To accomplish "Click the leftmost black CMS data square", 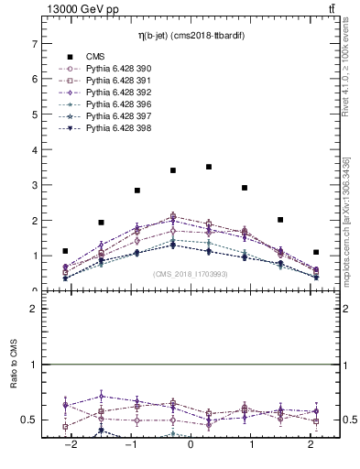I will (x=65, y=251).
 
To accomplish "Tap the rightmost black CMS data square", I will (x=316, y=252).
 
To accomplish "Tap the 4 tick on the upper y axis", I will (x=34, y=149).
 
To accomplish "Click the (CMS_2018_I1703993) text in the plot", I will (x=191, y=274).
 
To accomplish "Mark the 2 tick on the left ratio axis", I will (x=34, y=310).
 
